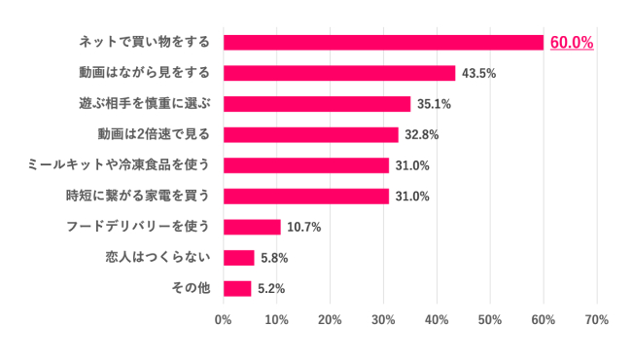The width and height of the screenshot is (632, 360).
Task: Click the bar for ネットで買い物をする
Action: (x=383, y=42)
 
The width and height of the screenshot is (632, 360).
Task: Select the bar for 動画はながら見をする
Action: (x=339, y=73)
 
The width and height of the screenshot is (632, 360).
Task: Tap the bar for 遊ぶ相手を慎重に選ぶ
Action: (x=317, y=104)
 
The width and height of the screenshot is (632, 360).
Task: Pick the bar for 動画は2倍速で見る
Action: (x=311, y=134)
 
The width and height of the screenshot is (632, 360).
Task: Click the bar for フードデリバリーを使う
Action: (x=252, y=227)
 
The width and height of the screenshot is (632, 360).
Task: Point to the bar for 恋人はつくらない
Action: (x=239, y=258)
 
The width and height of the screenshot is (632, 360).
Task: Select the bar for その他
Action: (x=237, y=288)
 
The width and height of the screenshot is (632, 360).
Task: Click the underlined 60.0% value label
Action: (x=572, y=43)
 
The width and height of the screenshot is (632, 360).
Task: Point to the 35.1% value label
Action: (x=435, y=104)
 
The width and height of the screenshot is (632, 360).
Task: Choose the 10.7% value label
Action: (x=304, y=227)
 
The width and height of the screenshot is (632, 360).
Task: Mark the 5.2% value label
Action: (x=271, y=288)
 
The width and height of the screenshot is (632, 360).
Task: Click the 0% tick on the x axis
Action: (x=224, y=320)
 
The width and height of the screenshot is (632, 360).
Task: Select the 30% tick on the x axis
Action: (x=383, y=320)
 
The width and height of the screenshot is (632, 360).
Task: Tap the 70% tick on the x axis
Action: (x=596, y=320)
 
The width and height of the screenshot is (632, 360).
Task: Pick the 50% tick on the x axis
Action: (x=490, y=320)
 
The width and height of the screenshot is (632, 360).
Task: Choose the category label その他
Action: (x=191, y=288)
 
